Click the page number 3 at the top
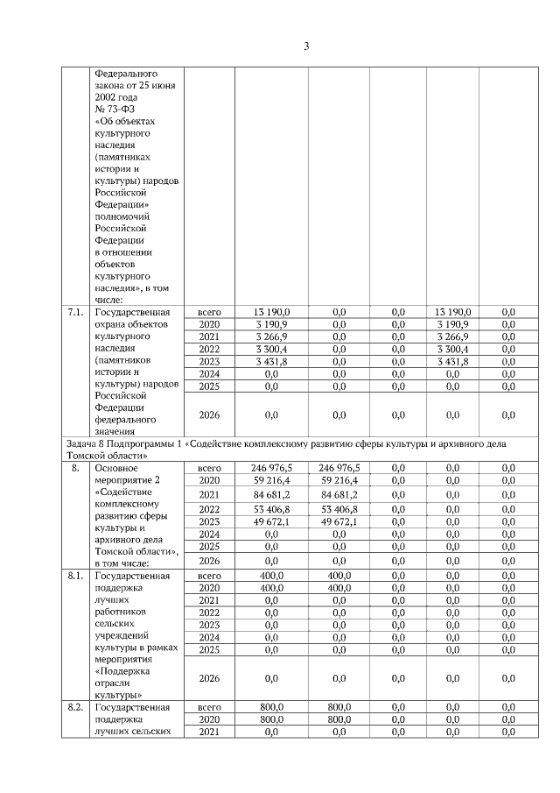click(306, 46)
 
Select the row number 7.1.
click(76, 312)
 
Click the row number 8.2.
click(76, 705)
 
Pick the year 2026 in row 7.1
click(209, 414)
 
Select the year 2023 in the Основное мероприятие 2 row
click(209, 521)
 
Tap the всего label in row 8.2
click(209, 705)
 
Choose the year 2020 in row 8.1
click(209, 589)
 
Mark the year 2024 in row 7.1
click(209, 373)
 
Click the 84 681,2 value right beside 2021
click(271, 493)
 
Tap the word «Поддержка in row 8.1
click(120, 662)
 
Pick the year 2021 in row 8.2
click(209, 731)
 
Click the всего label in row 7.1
click(209, 312)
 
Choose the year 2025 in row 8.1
click(209, 650)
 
